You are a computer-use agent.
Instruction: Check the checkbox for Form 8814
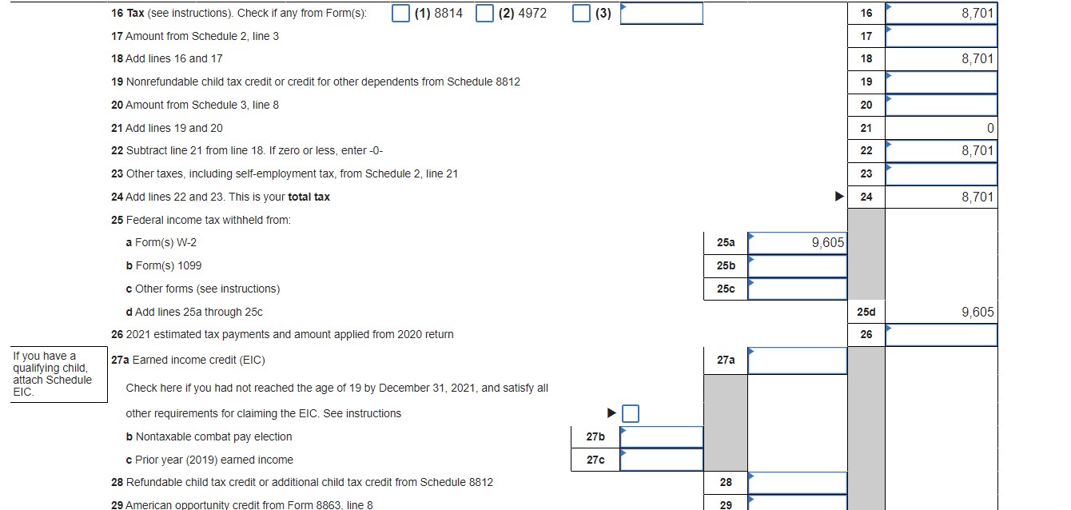pos(402,14)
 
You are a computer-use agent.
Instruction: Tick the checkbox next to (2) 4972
pos(484,14)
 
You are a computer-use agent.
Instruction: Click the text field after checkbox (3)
pos(662,14)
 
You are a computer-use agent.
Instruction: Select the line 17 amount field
pos(941,36)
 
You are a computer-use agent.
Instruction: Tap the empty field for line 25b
pos(797,265)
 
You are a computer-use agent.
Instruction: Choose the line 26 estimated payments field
pos(941,334)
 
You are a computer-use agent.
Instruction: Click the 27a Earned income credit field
pos(797,361)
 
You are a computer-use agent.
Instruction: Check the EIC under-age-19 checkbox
pos(631,413)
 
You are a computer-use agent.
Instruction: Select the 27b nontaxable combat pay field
pos(661,436)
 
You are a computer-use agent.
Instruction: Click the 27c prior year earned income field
pos(661,460)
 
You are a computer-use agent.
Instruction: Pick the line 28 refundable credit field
pos(797,483)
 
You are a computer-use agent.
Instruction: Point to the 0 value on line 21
pos(989,128)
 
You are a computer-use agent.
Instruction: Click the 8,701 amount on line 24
pos(977,197)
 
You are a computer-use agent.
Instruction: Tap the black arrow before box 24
pos(838,197)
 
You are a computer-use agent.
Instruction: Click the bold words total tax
pos(309,197)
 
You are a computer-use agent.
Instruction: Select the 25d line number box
pos(866,312)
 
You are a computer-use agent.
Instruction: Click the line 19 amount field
pos(941,82)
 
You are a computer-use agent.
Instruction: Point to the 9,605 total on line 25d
pos(977,312)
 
